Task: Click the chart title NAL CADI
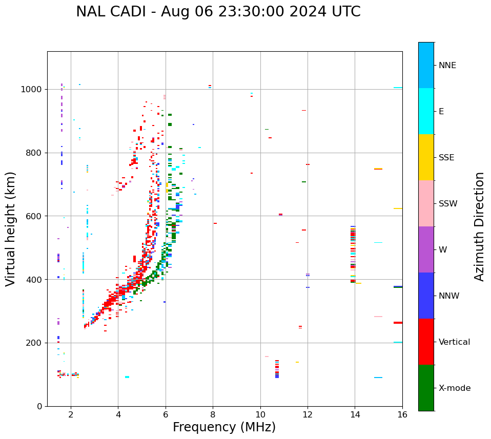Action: pos(218,12)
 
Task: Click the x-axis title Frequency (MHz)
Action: pos(224,427)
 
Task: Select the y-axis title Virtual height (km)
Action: pos(11,228)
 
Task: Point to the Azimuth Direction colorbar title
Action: pos(479,226)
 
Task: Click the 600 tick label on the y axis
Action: pos(34,216)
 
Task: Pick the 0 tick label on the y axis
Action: pos(39,406)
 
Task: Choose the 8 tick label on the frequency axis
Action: pos(213,414)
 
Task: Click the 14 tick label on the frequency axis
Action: pos(355,414)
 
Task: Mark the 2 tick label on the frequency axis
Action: pos(71,414)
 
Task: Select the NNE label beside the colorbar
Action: pos(447,66)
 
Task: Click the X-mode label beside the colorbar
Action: pos(454,388)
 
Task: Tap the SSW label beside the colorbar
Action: pos(448,204)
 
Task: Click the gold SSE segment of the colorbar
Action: pos(426,157)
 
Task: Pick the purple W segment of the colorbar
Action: pos(426,249)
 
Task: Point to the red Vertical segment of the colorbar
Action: pos(426,342)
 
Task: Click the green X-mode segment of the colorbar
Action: pos(426,388)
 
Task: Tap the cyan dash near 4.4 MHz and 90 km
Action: pos(127,377)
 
